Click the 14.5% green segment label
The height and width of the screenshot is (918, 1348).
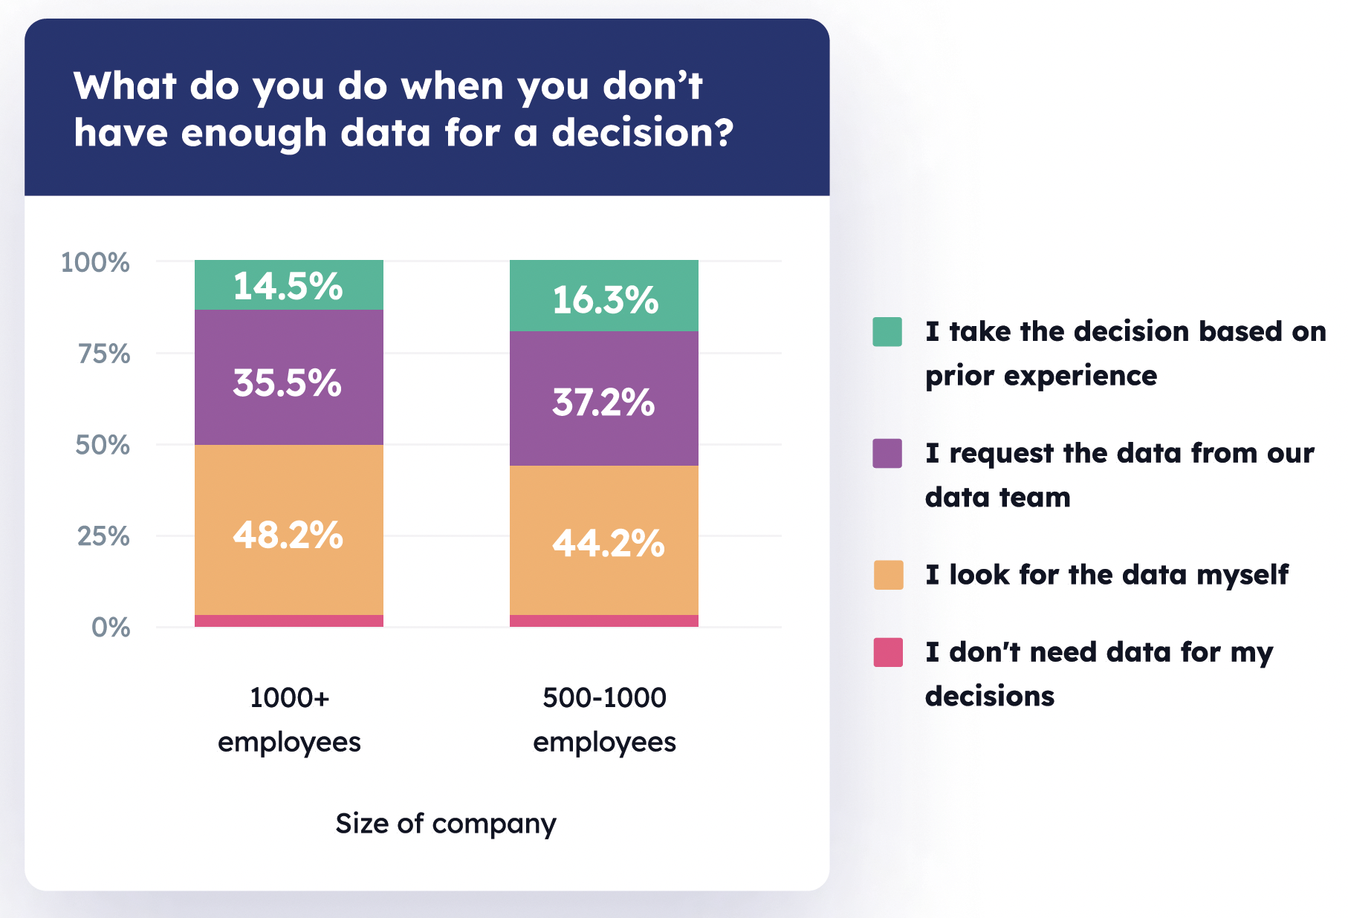tap(288, 286)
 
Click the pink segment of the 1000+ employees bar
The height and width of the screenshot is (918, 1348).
tap(288, 621)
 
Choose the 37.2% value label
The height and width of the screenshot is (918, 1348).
tap(604, 403)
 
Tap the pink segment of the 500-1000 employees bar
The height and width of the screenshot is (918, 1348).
tap(604, 621)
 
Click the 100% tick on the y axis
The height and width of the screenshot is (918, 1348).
tap(95, 262)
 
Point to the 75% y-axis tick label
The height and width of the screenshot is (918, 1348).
tap(103, 354)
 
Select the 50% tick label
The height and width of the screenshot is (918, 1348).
tap(103, 445)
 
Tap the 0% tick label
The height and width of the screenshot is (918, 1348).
tap(111, 628)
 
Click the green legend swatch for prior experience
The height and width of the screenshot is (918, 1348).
tap(887, 331)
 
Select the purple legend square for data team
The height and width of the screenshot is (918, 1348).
tap(887, 453)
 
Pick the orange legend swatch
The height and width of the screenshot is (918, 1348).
tap(888, 575)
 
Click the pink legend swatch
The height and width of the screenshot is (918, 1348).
tap(888, 652)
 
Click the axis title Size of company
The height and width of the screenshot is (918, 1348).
tap(445, 823)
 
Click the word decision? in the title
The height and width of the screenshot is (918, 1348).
tap(642, 134)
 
